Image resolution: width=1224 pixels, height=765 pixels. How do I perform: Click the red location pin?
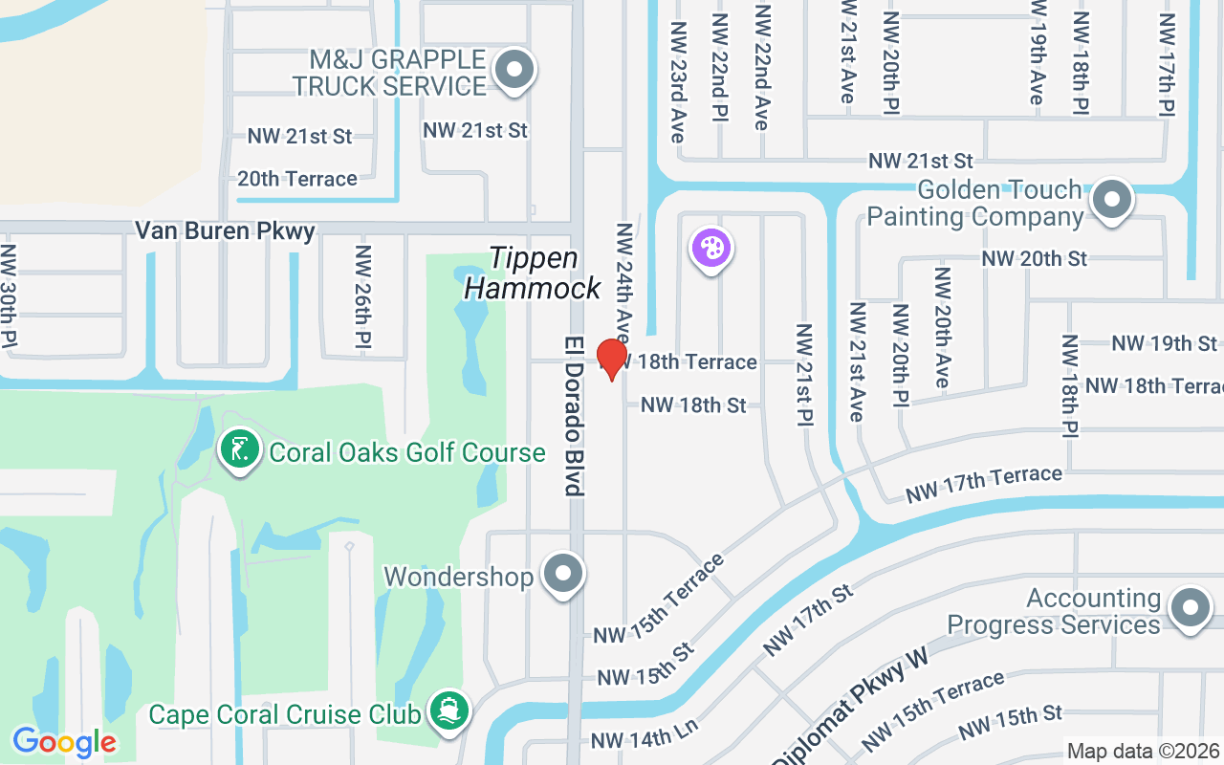[x=611, y=359]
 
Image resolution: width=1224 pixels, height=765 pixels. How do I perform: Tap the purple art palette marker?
[x=710, y=250]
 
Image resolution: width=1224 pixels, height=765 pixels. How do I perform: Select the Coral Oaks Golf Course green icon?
[x=240, y=449]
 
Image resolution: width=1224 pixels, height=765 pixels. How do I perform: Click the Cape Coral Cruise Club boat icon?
[x=449, y=711]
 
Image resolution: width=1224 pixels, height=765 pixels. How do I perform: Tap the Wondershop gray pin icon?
[x=562, y=575]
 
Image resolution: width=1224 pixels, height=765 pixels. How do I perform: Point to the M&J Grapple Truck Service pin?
[x=514, y=70]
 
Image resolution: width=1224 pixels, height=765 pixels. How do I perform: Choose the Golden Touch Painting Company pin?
[x=1111, y=199]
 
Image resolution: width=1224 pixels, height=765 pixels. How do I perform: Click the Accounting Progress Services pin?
[x=1191, y=607]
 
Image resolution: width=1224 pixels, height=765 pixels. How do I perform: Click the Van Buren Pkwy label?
[x=225, y=230]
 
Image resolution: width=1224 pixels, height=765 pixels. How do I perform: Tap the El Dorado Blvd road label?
[x=573, y=415]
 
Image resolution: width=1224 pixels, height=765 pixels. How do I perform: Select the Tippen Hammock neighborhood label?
[x=533, y=273]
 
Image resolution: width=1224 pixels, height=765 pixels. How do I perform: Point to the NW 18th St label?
[x=693, y=405]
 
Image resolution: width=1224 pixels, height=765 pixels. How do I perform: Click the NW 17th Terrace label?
[x=984, y=484]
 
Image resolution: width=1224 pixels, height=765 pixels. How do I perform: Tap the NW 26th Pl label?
[x=363, y=296]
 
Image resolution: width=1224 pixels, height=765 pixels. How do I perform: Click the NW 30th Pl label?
[x=9, y=296]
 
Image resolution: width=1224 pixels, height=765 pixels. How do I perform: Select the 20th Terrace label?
[x=297, y=179]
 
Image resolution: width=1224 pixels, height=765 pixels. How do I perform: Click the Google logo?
[x=64, y=742]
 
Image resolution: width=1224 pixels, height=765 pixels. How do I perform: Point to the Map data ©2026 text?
[x=1144, y=752]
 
